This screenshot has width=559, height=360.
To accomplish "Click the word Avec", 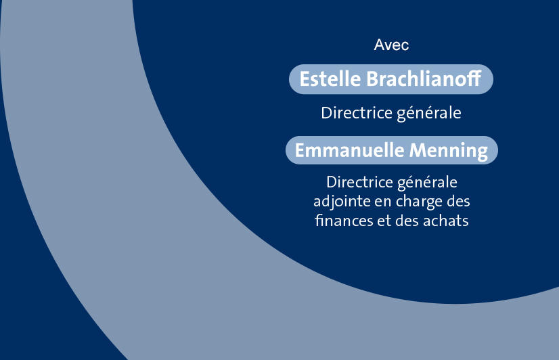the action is click(391, 45).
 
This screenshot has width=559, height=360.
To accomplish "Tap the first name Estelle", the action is click(330, 78).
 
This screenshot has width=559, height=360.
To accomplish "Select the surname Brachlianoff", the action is click(424, 78).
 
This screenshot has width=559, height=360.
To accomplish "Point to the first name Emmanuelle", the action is click(349, 150).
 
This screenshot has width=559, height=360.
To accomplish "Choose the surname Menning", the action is click(449, 151).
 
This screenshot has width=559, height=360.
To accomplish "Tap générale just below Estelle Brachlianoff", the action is click(429, 114).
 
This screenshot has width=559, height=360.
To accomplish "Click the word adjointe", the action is click(342, 202).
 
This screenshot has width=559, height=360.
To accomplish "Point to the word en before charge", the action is click(382, 202).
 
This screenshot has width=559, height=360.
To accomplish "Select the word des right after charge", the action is click(458, 202).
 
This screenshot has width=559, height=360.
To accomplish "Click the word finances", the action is click(344, 221).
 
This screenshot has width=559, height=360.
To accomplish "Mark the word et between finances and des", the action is click(384, 221).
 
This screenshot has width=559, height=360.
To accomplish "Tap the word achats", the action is click(445, 221).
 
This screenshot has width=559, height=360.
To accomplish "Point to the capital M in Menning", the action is click(418, 150).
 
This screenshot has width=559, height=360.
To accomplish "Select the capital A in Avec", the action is click(379, 45).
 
